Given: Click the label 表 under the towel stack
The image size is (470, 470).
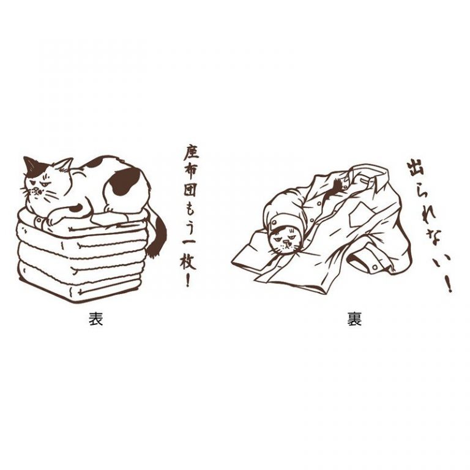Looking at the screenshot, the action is (96, 319).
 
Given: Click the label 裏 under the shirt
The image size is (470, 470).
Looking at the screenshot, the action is (354, 319).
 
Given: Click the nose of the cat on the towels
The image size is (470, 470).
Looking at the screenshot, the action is (35, 190).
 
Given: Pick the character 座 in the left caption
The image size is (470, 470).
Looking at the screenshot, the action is (191, 154).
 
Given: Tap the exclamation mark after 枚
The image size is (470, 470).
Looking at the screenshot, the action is (188, 280).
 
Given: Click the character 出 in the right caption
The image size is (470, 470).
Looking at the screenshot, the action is (416, 171).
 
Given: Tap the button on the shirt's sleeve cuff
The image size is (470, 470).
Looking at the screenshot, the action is (375, 266).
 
